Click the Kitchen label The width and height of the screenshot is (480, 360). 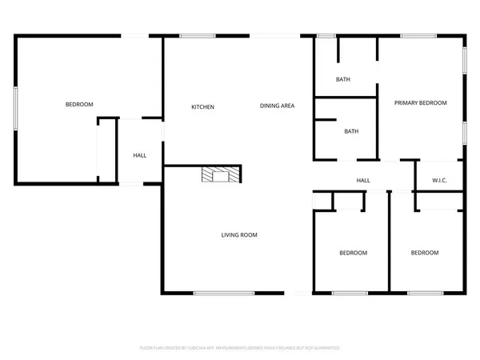(x=202, y=106)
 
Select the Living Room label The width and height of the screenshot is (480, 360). (x=239, y=234)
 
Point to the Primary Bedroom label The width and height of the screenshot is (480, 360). (x=419, y=103)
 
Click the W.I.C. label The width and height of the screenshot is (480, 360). (x=439, y=180)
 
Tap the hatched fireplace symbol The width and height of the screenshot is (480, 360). (x=219, y=175)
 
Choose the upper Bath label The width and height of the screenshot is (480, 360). (x=343, y=79)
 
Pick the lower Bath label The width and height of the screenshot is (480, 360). (x=351, y=131)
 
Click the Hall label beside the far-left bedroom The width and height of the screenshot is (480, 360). (x=139, y=155)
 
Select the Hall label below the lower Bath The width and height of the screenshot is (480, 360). (x=362, y=181)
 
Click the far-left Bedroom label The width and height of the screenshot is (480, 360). (x=79, y=105)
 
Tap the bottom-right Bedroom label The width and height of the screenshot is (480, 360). (x=425, y=253)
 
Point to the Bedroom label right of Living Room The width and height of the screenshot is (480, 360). (x=353, y=253)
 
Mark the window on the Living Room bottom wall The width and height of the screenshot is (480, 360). (x=224, y=293)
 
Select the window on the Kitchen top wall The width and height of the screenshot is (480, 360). (x=192, y=35)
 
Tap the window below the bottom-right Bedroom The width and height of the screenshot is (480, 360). (x=425, y=293)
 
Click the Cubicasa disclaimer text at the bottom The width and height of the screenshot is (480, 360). (x=240, y=348)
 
